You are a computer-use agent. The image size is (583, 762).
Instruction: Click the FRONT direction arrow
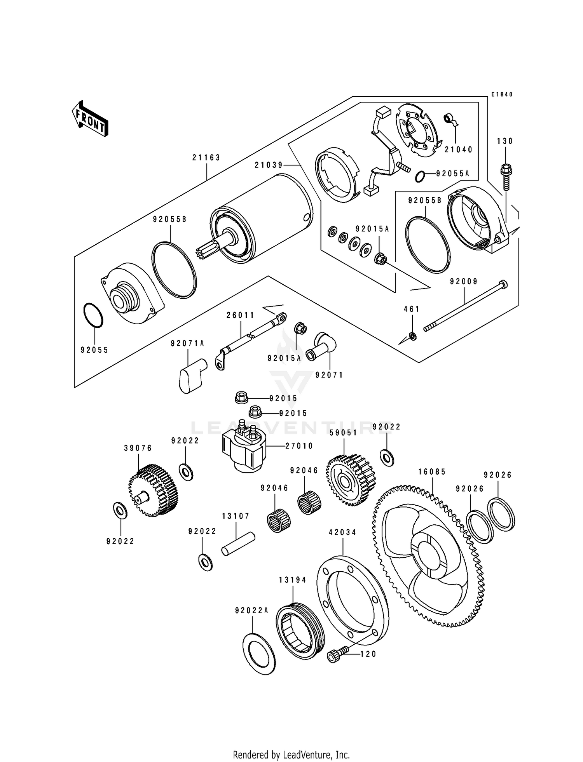[89, 118]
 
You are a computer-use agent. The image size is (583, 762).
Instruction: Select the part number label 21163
[206, 158]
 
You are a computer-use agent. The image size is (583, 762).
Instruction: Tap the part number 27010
[299, 446]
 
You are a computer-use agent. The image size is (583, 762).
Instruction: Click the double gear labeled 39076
[153, 491]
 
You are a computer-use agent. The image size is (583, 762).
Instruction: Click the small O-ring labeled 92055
[93, 315]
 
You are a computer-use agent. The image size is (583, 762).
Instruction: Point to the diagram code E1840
[501, 94]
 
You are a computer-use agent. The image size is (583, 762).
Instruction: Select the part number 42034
[342, 532]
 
